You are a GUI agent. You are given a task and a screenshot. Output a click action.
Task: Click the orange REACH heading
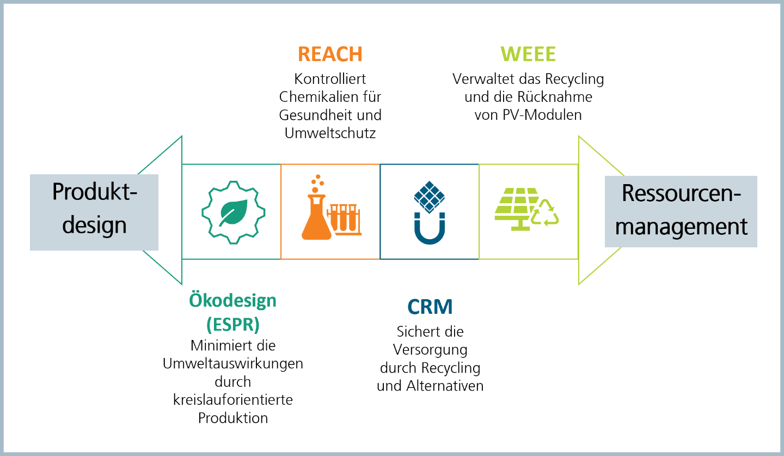pos(330,54)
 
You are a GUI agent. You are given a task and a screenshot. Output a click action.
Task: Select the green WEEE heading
pos(528,54)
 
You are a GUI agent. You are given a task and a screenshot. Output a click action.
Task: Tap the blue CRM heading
pos(430,307)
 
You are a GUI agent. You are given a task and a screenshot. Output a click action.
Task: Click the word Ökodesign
pos(233,301)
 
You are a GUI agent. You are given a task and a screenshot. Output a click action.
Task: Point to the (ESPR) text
pos(233,324)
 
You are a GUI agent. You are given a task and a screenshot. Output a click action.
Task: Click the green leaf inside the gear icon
pos(234,212)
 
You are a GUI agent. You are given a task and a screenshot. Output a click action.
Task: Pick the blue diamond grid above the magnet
pos(430,197)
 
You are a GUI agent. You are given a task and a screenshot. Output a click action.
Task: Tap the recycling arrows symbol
pos(545,213)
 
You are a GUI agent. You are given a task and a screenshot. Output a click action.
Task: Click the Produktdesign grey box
pos(94,212)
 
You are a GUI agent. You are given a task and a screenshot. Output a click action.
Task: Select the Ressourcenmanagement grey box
pos(681,211)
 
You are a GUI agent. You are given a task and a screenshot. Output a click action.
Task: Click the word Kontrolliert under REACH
pos(330,79)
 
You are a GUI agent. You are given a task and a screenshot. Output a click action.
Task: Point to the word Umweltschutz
pos(330,133)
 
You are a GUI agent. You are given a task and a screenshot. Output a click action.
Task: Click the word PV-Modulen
pos(542,115)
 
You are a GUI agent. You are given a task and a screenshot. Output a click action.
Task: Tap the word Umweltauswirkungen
pos(233,364)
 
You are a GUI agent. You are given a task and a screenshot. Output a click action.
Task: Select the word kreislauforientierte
pos(233,400)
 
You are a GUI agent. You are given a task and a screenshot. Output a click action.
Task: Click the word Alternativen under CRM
pos(445,386)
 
